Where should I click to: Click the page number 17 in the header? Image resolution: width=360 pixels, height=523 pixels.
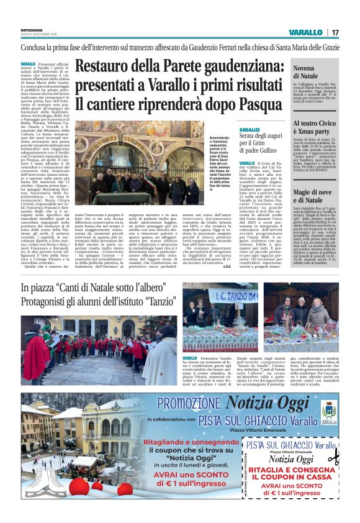tap(335, 32)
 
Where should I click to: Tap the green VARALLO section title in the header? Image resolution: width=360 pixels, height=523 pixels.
tap(305, 32)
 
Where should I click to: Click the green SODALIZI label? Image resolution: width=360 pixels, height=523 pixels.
tap(249, 129)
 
